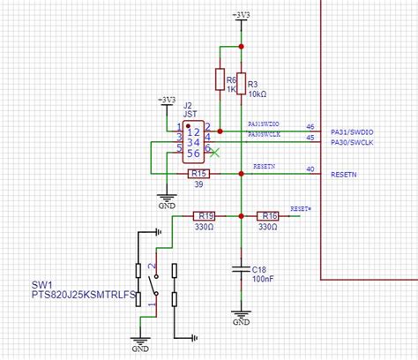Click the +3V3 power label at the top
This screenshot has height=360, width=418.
241,15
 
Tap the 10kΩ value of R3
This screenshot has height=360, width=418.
257,93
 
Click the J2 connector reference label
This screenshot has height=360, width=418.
188,104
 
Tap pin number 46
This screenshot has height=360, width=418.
310,126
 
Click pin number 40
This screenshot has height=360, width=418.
310,169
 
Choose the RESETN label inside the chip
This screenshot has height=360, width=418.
345,174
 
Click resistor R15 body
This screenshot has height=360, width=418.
199,174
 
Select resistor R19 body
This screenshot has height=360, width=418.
205,215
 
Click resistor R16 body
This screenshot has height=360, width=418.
269,215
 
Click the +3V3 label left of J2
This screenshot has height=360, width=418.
166,100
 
